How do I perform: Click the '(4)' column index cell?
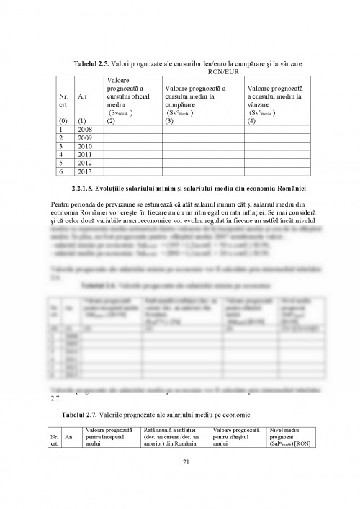(x=252, y=120)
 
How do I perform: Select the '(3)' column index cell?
(x=170, y=120)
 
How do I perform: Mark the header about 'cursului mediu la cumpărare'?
(x=194, y=96)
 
